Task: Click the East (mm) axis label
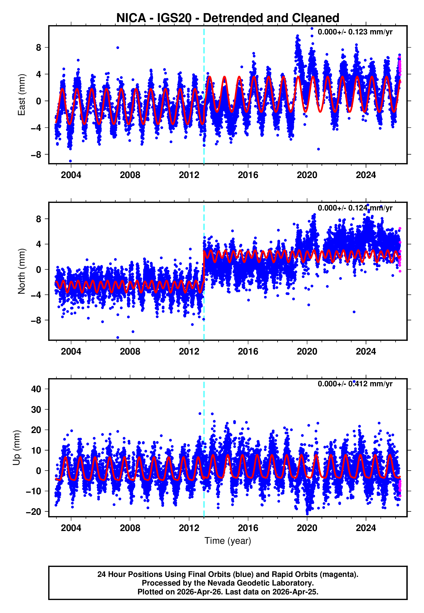click(x=22, y=95)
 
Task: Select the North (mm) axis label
click(x=22, y=271)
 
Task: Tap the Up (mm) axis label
click(x=17, y=448)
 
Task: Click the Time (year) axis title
click(x=228, y=541)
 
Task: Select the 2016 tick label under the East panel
click(x=248, y=175)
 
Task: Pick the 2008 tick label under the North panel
click(x=130, y=351)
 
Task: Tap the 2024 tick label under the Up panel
click(x=366, y=528)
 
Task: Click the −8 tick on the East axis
click(x=36, y=154)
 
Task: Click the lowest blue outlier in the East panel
click(x=70, y=161)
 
